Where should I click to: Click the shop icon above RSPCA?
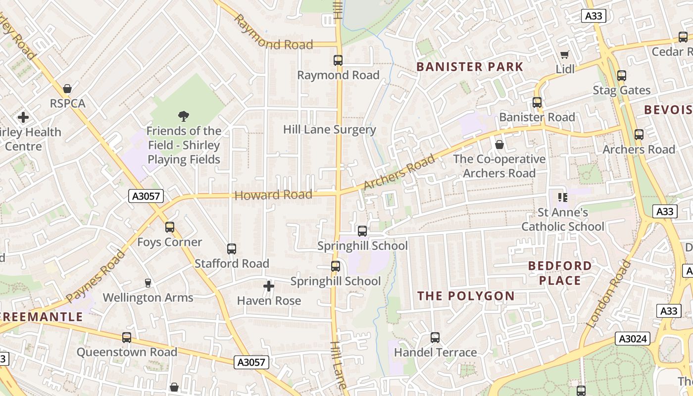click(x=67, y=89)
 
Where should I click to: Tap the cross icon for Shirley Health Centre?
click(x=23, y=117)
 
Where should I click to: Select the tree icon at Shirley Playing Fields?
click(x=184, y=116)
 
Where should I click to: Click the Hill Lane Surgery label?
click(x=330, y=130)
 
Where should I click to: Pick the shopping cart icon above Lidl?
click(x=565, y=54)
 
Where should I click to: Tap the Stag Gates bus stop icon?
click(x=622, y=76)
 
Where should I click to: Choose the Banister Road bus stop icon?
click(x=537, y=102)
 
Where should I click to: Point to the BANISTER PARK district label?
click(x=470, y=67)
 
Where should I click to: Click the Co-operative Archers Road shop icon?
click(x=499, y=145)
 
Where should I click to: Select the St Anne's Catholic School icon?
click(x=562, y=198)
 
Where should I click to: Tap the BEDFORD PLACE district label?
click(x=560, y=273)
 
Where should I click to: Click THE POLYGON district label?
click(x=466, y=296)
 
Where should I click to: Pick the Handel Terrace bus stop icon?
click(x=435, y=338)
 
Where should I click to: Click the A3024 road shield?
click(x=632, y=339)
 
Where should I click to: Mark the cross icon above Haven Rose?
click(x=269, y=286)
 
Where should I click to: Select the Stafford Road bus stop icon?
click(x=232, y=249)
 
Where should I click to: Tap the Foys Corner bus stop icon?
click(x=170, y=227)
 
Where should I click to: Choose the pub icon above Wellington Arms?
click(x=148, y=283)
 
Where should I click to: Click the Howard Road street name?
click(x=273, y=195)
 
